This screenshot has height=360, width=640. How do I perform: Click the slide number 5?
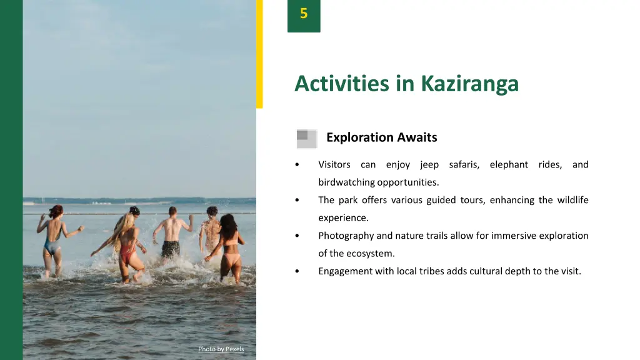pyautogui.click(x=304, y=14)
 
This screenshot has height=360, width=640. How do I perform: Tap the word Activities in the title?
pyautogui.click(x=342, y=83)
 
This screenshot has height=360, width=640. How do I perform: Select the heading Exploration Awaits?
pyautogui.click(x=381, y=137)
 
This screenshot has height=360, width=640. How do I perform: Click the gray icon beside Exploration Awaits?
pyautogui.click(x=306, y=139)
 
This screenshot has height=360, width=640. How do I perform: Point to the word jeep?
pyautogui.click(x=429, y=165)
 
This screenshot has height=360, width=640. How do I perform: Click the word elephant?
pyautogui.click(x=509, y=165)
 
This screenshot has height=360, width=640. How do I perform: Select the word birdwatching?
pyautogui.click(x=346, y=182)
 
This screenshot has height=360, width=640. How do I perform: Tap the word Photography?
pyautogui.click(x=346, y=236)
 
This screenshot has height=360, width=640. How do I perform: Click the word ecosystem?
pyautogui.click(x=371, y=254)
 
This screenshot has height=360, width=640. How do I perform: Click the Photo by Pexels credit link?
pyautogui.click(x=221, y=349)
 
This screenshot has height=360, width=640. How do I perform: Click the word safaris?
pyautogui.click(x=464, y=165)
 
